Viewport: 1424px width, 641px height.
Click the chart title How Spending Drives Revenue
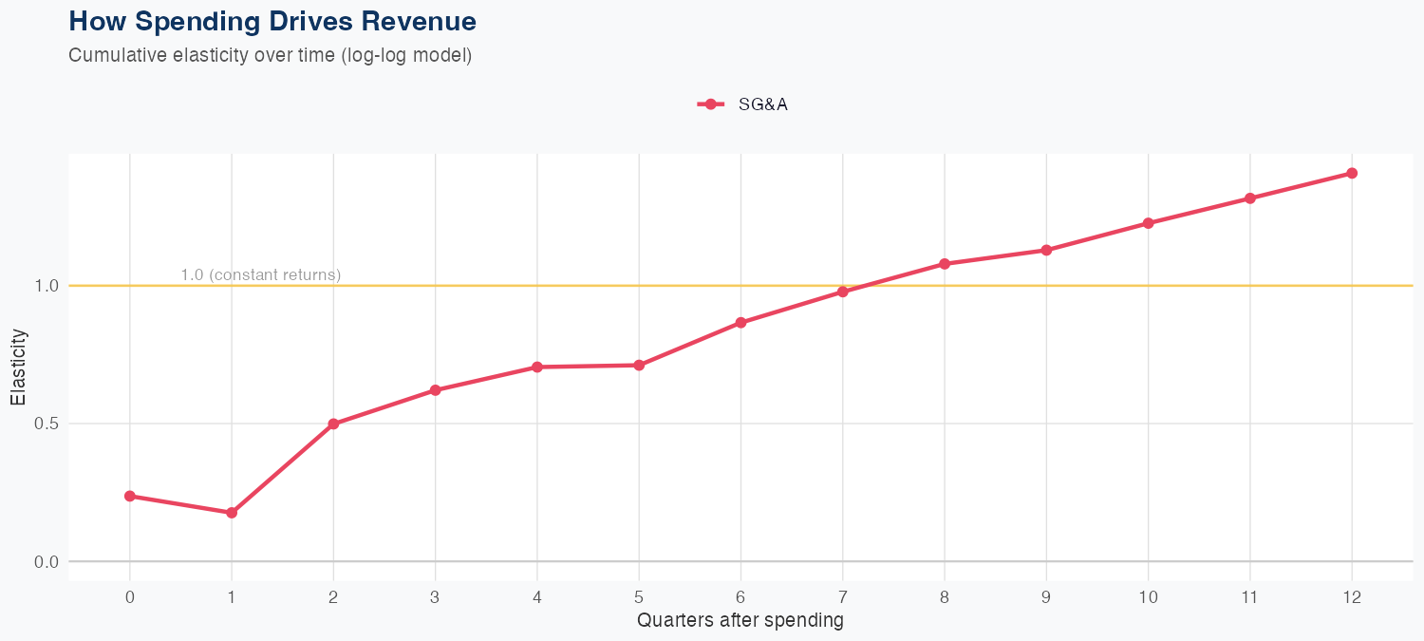click(x=272, y=21)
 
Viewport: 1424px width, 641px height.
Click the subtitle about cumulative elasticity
click(x=270, y=55)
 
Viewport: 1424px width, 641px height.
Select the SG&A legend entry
click(x=743, y=104)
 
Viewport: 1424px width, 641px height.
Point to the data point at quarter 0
click(x=129, y=496)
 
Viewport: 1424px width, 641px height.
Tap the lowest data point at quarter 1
click(x=232, y=513)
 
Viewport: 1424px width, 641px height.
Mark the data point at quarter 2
click(x=333, y=424)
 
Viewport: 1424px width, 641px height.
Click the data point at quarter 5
click(x=639, y=365)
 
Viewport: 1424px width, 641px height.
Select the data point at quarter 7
click(x=843, y=292)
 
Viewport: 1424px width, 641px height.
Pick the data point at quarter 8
click(x=945, y=263)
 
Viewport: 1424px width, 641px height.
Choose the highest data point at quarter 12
click(x=1352, y=173)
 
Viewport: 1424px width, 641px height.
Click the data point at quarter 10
click(x=1148, y=223)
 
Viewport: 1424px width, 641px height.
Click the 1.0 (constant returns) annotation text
click(x=260, y=275)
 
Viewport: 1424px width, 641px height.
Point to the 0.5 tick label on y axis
click(x=45, y=424)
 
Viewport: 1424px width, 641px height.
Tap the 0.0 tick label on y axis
click(x=45, y=562)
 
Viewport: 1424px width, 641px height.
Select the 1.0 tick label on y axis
click(x=45, y=286)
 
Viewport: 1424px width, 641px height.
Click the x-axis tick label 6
click(x=740, y=597)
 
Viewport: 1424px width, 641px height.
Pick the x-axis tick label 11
click(x=1249, y=597)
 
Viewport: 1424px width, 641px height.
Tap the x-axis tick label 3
click(x=435, y=597)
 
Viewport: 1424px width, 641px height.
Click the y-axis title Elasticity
click(x=18, y=367)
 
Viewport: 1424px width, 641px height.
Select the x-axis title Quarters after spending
click(x=740, y=621)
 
